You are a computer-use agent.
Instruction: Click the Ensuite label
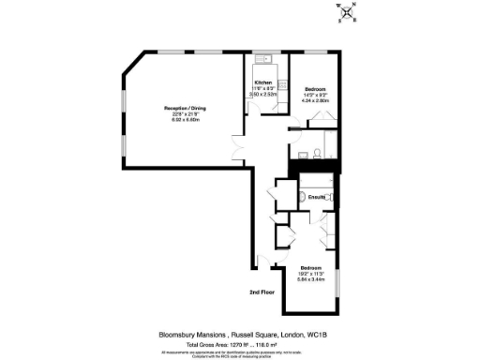click(316, 198)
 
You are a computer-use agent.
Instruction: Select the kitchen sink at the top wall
click(263, 67)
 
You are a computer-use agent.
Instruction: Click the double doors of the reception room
click(238, 150)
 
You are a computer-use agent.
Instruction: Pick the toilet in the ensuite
click(307, 199)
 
